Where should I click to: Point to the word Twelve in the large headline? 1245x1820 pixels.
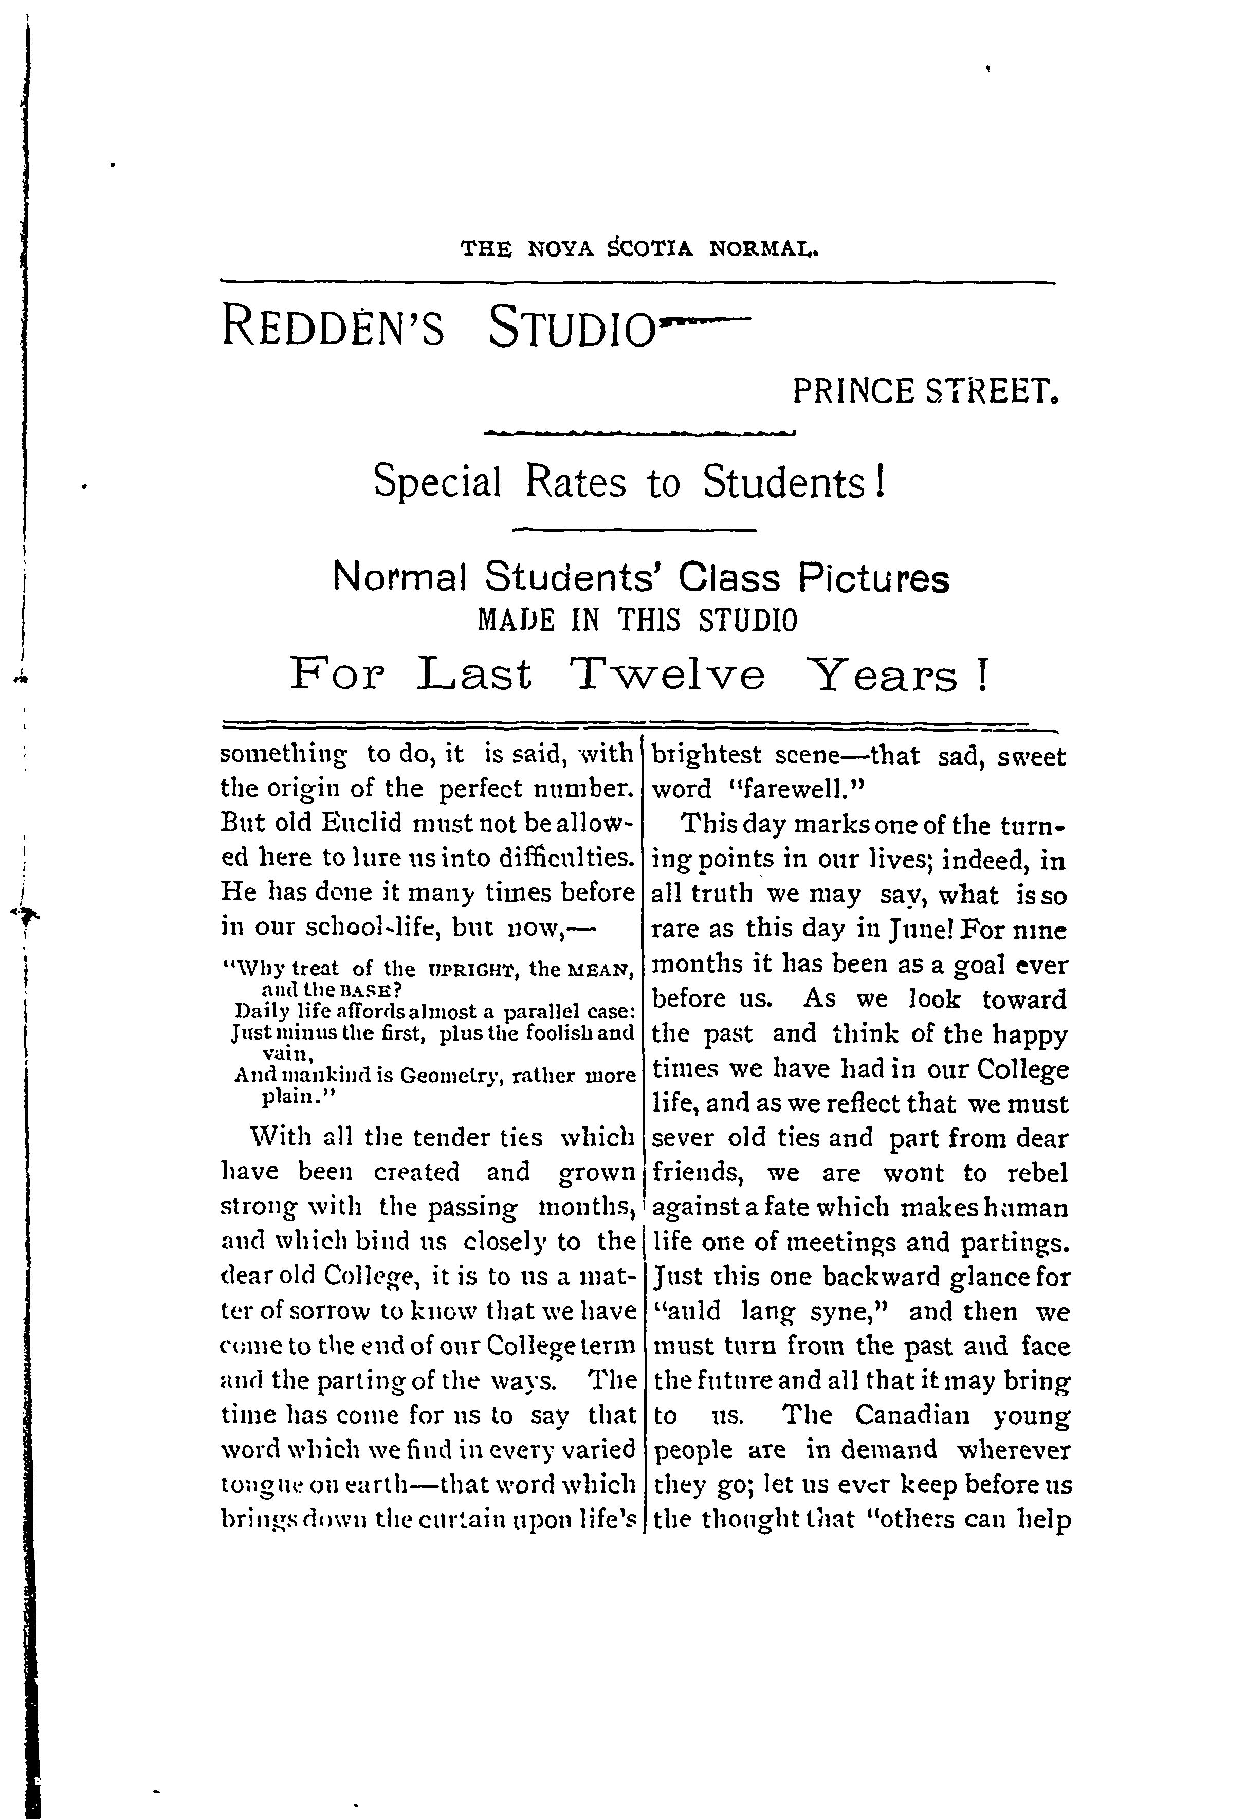point(667,674)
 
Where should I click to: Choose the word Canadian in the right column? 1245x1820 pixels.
point(911,1416)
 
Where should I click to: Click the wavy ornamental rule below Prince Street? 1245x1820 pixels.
point(640,432)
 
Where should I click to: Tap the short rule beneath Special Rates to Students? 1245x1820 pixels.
point(633,530)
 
